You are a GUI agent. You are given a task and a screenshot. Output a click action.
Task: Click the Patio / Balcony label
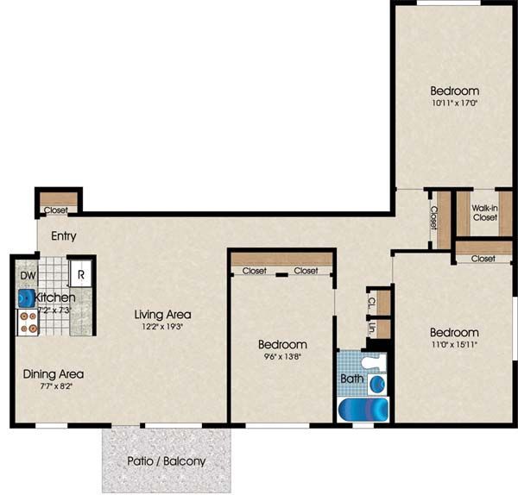pyautogui.click(x=167, y=461)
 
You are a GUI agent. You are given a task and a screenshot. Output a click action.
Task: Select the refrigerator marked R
pyautogui.click(x=80, y=275)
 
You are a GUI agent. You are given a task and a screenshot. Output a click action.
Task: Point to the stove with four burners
pyautogui.click(x=28, y=322)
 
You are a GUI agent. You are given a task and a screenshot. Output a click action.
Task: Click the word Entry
pyautogui.click(x=63, y=236)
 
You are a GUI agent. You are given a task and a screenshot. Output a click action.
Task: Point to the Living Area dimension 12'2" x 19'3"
pyautogui.click(x=162, y=327)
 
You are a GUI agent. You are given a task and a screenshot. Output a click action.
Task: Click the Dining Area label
pyautogui.click(x=54, y=374)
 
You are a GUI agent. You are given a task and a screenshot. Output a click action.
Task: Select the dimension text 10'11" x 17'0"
pyautogui.click(x=454, y=103)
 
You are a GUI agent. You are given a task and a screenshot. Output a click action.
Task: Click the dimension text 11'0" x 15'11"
pyautogui.click(x=454, y=346)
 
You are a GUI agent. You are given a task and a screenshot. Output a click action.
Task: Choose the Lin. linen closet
pyautogui.click(x=370, y=328)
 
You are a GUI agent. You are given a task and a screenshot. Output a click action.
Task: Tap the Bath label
pyautogui.click(x=351, y=378)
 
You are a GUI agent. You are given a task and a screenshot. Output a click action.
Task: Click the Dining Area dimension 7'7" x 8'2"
pyautogui.click(x=54, y=387)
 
